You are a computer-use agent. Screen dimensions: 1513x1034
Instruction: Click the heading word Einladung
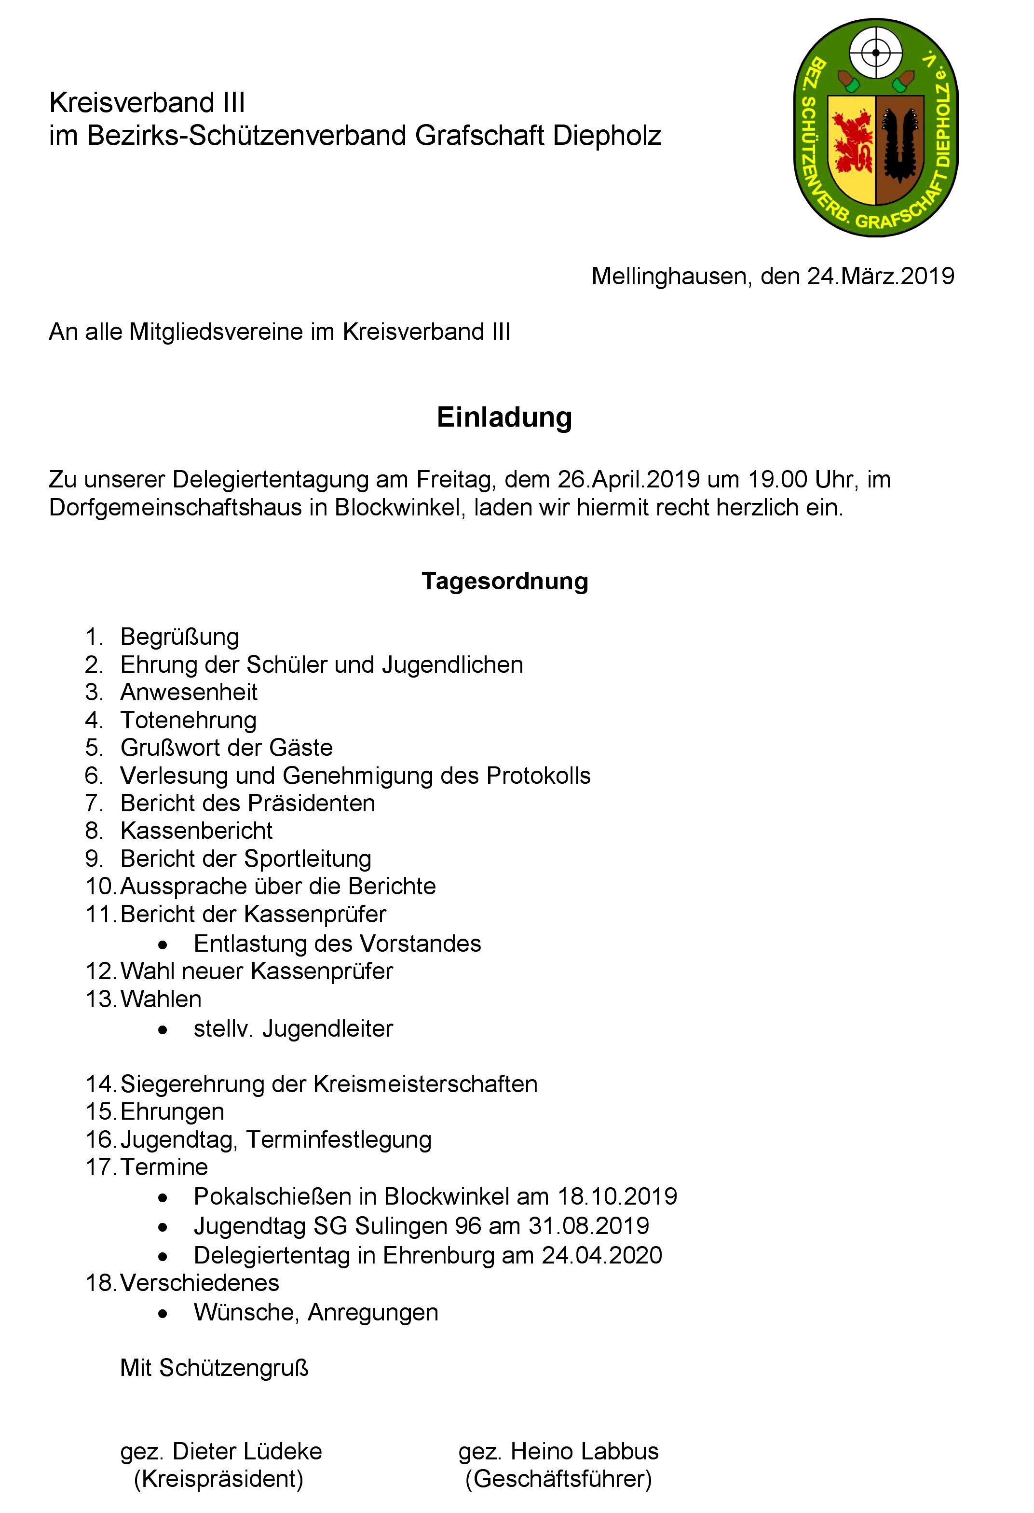pyautogui.click(x=504, y=418)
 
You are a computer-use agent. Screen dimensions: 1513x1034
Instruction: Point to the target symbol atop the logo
pyautogui.click(x=876, y=53)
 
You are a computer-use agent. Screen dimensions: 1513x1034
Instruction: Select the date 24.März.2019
pyautogui.click(x=881, y=276)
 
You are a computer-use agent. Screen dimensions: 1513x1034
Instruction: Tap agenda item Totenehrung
pyautogui.click(x=189, y=720)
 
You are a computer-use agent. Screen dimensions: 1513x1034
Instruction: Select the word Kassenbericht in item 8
pyautogui.click(x=196, y=831)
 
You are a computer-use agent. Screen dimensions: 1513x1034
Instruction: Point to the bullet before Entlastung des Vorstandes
pyautogui.click(x=163, y=944)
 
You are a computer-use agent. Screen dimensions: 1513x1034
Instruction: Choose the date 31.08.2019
pyautogui.click(x=588, y=1226)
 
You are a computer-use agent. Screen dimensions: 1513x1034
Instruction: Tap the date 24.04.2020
pyautogui.click(x=602, y=1255)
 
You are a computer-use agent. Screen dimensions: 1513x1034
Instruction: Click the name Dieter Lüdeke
pyautogui.click(x=247, y=1452)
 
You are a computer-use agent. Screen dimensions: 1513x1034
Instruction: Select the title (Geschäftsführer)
pyautogui.click(x=558, y=1479)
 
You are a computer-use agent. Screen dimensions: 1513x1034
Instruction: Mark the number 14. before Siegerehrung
pyautogui.click(x=100, y=1084)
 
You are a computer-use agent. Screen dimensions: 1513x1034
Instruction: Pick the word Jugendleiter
pyautogui.click(x=328, y=1028)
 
